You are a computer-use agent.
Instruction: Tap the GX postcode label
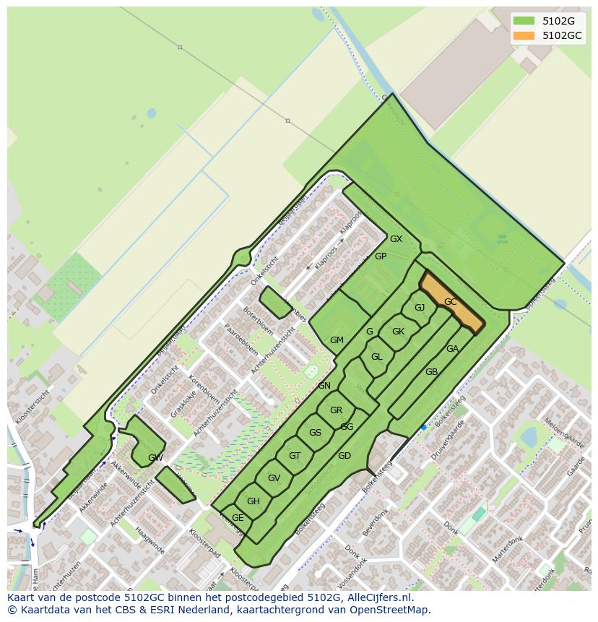click(x=396, y=239)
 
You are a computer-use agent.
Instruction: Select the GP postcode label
click(x=381, y=256)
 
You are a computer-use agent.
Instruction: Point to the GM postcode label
click(x=337, y=340)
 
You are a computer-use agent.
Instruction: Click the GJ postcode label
click(x=420, y=308)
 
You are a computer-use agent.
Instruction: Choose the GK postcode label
click(x=398, y=332)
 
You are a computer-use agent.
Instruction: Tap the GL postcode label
click(x=376, y=357)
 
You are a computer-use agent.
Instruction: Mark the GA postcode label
click(x=452, y=349)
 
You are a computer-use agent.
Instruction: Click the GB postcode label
click(x=431, y=372)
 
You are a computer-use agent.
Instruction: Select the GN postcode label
click(x=324, y=386)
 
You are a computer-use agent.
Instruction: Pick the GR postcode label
click(x=336, y=410)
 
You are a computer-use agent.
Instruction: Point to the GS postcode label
click(x=315, y=433)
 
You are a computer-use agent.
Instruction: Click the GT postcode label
click(x=294, y=456)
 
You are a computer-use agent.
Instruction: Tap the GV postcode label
click(x=274, y=478)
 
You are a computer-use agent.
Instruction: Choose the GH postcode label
click(x=253, y=501)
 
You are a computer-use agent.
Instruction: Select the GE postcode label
click(x=238, y=518)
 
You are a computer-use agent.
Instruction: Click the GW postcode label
click(x=155, y=458)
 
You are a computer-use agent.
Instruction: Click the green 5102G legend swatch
click(x=524, y=21)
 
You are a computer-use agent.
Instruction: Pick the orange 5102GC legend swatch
click(x=524, y=35)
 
